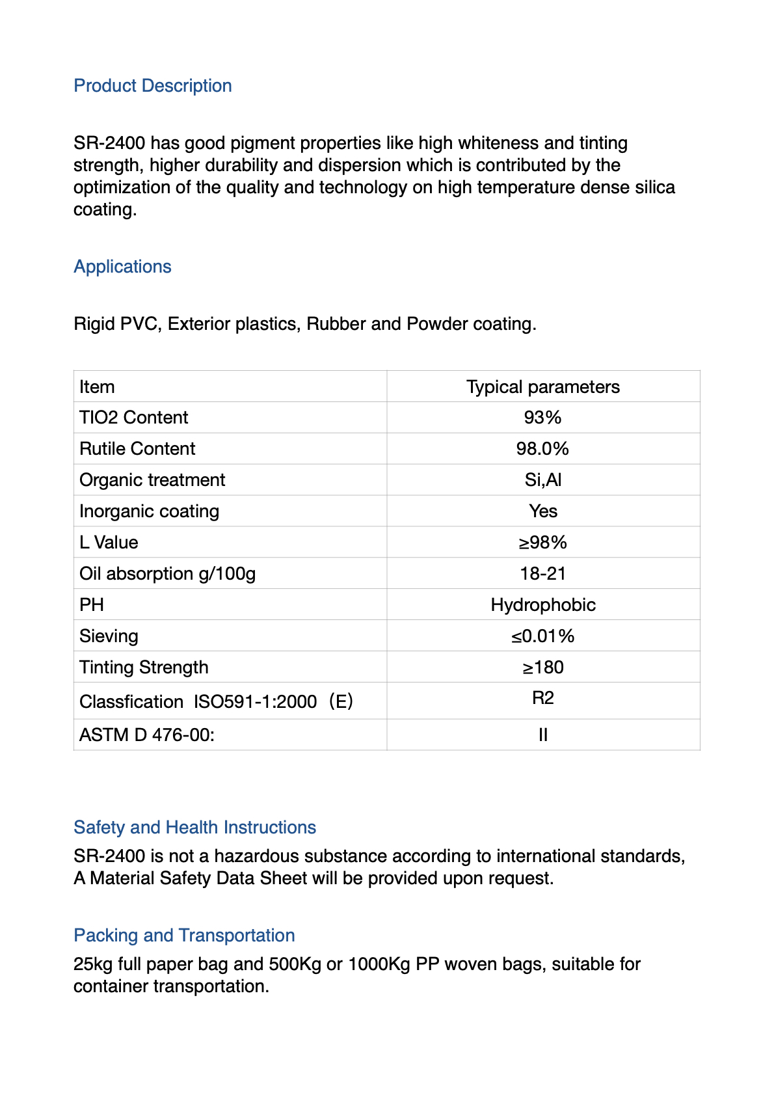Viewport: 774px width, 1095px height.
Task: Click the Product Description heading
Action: point(153,86)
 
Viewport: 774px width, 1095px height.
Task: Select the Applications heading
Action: point(122,267)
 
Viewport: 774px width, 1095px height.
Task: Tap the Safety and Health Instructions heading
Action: point(194,827)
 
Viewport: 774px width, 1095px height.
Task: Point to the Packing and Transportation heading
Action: point(184,935)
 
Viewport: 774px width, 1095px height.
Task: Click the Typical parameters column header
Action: point(542,386)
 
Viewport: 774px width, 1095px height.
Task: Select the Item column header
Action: point(97,386)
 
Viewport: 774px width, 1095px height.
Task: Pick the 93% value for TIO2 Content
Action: point(542,418)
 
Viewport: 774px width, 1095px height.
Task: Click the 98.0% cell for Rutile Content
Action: point(542,449)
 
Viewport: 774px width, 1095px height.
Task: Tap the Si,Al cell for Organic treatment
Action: point(542,480)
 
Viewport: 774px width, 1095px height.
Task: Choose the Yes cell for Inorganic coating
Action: point(542,511)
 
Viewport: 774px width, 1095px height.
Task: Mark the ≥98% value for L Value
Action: point(542,543)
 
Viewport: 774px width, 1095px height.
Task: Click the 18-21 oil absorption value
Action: point(542,574)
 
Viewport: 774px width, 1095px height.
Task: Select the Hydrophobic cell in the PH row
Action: point(542,605)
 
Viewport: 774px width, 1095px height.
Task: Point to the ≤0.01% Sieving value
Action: point(542,636)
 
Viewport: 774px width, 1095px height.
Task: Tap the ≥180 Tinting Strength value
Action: point(542,668)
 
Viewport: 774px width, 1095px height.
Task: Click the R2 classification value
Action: point(542,698)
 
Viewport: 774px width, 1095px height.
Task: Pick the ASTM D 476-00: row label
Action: point(147,735)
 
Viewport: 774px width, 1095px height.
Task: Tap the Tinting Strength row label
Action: point(144,668)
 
